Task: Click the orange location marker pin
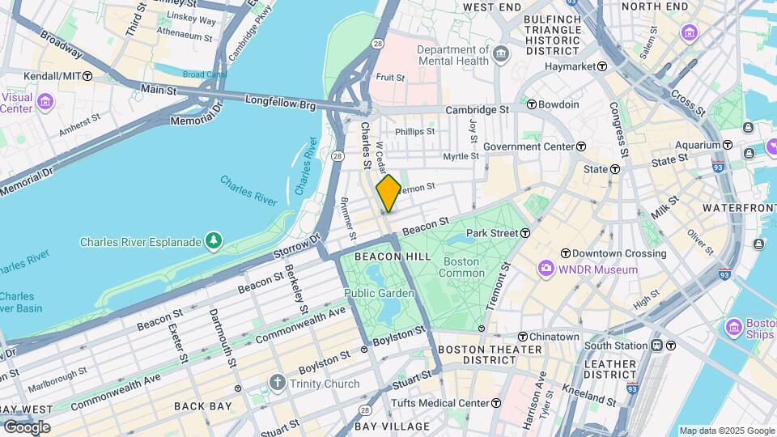coord(388,193)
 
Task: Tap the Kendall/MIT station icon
coord(87,75)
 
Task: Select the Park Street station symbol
coord(525,233)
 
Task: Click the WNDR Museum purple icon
coord(546,269)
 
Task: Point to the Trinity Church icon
coord(277,383)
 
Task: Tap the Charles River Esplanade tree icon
coord(213,240)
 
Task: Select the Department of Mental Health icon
coord(501,54)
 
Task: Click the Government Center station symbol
coord(581,146)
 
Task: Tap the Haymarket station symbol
coord(602,66)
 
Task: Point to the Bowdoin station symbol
coord(532,104)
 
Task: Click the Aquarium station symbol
coord(727,145)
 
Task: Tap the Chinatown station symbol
coord(523,337)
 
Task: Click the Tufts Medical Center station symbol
coord(495,403)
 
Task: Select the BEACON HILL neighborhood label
coord(380,256)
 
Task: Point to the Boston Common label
coord(461,267)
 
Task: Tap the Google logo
coord(26,426)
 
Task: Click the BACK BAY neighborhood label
coord(197,406)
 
